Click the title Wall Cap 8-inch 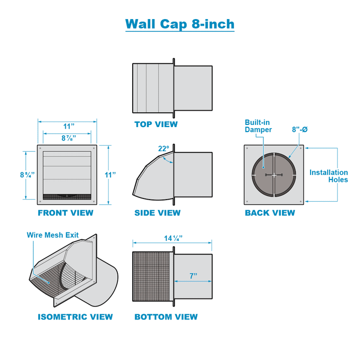(x=180, y=24)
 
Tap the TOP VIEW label (x=156, y=124)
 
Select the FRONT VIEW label (x=65, y=212)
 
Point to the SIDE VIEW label (x=157, y=212)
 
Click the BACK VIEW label (x=270, y=212)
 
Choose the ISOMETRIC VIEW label (x=75, y=317)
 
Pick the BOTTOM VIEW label (x=166, y=317)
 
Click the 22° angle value (x=164, y=149)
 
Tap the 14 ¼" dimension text (x=173, y=238)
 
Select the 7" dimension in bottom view (x=193, y=276)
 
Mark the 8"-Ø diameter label (x=299, y=130)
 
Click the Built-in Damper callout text (x=258, y=126)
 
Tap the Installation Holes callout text (x=329, y=176)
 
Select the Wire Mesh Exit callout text (x=53, y=235)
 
